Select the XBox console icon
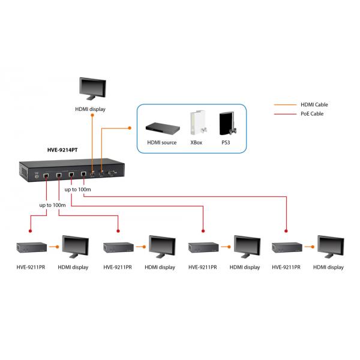pos(196,124)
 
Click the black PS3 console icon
pos(226,124)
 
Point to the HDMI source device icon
pos(161,127)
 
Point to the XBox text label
pos(196,143)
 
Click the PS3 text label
pos(226,143)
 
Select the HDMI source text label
pos(161,143)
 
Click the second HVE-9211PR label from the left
pos(118,267)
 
